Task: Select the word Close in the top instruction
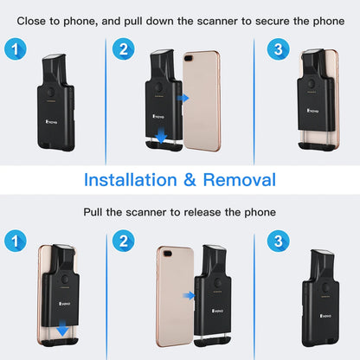pyautogui.click(x=34, y=18)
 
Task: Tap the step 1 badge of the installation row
pyautogui.click(x=14, y=50)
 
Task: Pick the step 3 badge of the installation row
pyautogui.click(x=277, y=50)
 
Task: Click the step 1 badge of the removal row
pyautogui.click(x=14, y=241)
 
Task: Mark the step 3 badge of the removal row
pyautogui.click(x=277, y=241)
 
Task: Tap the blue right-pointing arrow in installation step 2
pyautogui.click(x=183, y=99)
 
